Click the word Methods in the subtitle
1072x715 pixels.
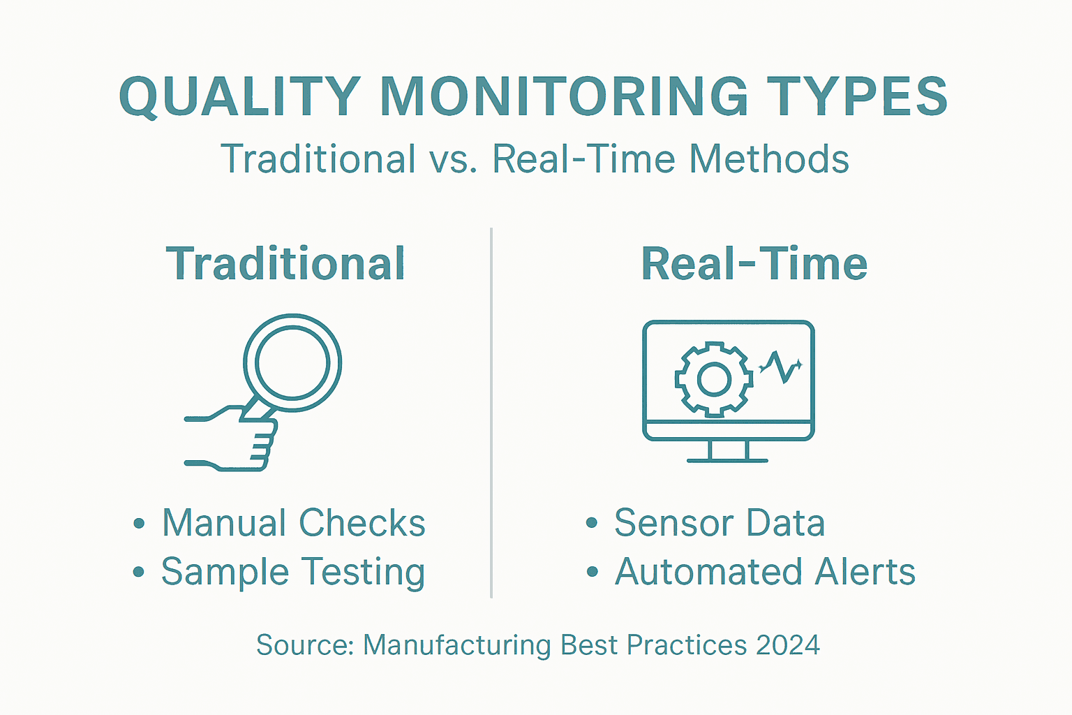click(x=768, y=159)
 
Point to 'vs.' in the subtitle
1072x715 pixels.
click(x=454, y=159)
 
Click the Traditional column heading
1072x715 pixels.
click(x=285, y=264)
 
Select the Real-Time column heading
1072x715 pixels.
click(x=754, y=264)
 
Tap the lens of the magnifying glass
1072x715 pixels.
click(x=292, y=362)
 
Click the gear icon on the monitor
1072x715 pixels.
click(x=713, y=379)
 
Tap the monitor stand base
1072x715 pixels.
click(x=727, y=460)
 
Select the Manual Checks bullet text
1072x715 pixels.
click(x=293, y=523)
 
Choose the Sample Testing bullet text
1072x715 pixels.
click(x=293, y=572)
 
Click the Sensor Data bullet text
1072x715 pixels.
click(x=719, y=523)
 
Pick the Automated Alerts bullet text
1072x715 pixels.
click(x=765, y=572)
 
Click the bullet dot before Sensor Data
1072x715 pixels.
click(x=592, y=523)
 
